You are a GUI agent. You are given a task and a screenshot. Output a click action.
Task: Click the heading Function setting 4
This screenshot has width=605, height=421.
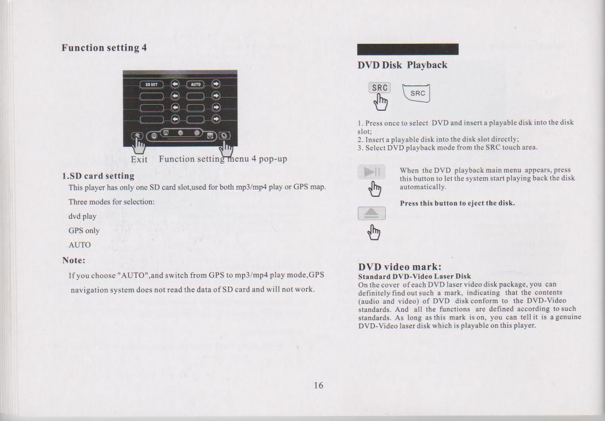[104, 48]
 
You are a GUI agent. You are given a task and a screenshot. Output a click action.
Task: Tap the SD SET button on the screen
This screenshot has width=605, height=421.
[151, 84]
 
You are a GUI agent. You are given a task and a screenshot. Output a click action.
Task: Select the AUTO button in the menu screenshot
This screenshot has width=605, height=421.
[196, 84]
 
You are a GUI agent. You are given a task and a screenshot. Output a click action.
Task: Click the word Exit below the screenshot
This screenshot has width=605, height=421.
[139, 160]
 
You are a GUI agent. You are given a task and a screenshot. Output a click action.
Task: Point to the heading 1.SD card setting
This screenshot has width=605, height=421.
[99, 176]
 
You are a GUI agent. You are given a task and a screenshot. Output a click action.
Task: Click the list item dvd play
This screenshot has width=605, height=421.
[82, 217]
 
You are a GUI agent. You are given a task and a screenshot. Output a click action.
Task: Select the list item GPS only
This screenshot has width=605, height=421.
[84, 231]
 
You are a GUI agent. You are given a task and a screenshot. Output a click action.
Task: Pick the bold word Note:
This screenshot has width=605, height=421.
[73, 260]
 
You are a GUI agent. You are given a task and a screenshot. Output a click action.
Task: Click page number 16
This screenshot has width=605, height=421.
[318, 385]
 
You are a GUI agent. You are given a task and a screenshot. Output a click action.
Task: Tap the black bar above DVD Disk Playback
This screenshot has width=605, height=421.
[408, 49]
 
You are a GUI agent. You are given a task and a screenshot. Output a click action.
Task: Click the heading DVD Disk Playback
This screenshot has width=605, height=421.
[402, 65]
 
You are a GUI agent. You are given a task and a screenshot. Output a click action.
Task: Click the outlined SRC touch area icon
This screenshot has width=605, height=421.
[416, 93]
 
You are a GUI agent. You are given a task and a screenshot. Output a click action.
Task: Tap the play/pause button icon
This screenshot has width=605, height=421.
[371, 172]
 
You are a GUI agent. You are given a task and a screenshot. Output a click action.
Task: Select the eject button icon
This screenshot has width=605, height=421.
[372, 213]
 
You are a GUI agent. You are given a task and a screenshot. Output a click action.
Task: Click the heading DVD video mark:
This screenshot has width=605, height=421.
[399, 267]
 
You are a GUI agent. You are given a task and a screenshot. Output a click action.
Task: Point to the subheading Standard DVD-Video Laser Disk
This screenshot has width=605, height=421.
[414, 276]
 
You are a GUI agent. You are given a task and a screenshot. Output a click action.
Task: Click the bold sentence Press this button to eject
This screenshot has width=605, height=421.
[457, 203]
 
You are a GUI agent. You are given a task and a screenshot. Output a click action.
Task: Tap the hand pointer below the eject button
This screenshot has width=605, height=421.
[374, 232]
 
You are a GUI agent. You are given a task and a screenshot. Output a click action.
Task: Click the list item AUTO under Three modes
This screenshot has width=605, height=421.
[79, 245]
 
